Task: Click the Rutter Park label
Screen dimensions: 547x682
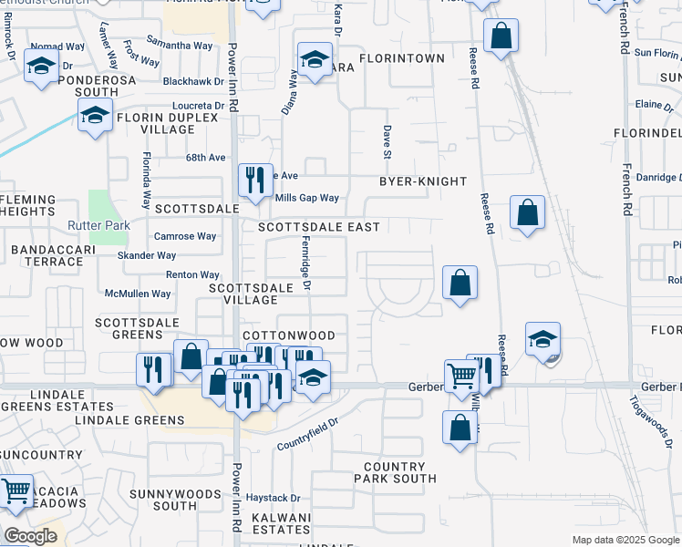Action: click(x=98, y=225)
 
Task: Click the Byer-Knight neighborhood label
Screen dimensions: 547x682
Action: click(x=423, y=181)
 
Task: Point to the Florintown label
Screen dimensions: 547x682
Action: click(x=401, y=58)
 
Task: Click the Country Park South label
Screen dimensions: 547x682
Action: click(x=395, y=472)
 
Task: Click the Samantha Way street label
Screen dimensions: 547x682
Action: click(x=180, y=46)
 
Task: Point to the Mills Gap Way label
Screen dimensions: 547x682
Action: click(x=306, y=198)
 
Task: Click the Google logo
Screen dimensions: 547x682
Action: click(x=31, y=536)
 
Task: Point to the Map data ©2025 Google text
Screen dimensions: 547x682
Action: click(x=625, y=540)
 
